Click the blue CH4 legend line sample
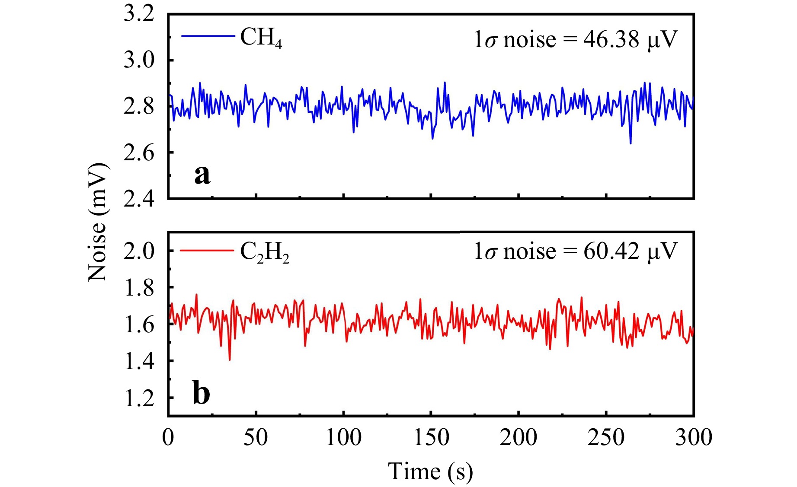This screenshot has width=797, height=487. click(x=208, y=36)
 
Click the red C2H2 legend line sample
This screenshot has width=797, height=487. click(x=207, y=250)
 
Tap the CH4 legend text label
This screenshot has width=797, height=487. click(x=261, y=38)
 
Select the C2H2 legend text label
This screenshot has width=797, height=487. click(x=265, y=252)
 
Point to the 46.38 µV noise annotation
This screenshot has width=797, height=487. click(x=576, y=40)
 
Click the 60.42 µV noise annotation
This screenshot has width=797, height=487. click(x=576, y=251)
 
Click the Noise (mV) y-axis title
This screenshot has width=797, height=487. click(x=97, y=222)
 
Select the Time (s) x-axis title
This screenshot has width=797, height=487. click(x=430, y=471)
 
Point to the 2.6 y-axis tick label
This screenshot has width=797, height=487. click(x=139, y=153)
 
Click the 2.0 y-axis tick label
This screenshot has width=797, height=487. click(x=139, y=251)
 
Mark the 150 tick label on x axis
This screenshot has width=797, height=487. click(x=431, y=437)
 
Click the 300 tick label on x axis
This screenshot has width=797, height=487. click(x=694, y=437)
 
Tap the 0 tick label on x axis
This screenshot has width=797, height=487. click(x=168, y=437)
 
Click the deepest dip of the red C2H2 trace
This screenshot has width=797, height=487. click(x=230, y=360)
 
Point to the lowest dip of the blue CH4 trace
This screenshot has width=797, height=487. click(x=631, y=143)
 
